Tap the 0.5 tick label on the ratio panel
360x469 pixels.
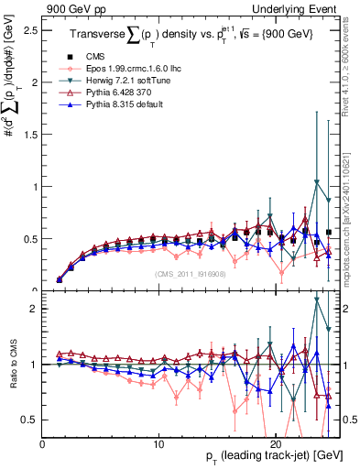click(x=32, y=420)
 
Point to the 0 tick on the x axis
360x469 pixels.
click(x=43, y=443)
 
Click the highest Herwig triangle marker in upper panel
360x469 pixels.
click(x=317, y=181)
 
